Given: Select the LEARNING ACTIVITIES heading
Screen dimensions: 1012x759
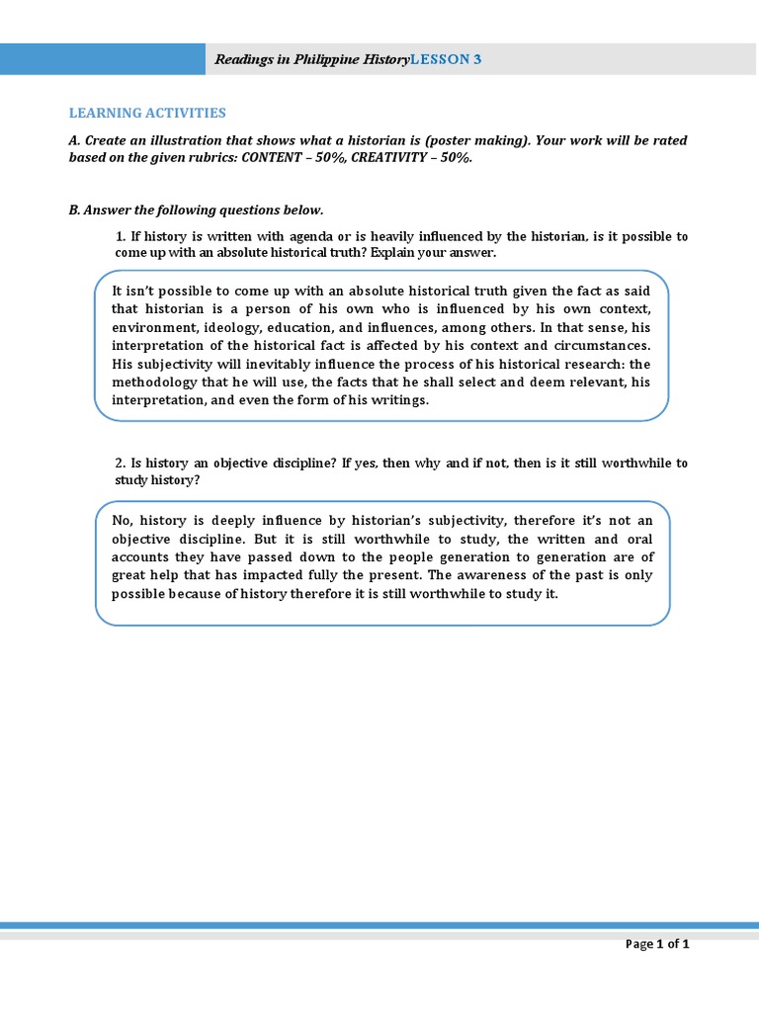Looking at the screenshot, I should point(147,114).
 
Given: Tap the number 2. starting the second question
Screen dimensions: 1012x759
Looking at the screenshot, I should point(121,464).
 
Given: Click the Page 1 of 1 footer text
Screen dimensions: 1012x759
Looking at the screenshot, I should point(657,944).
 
